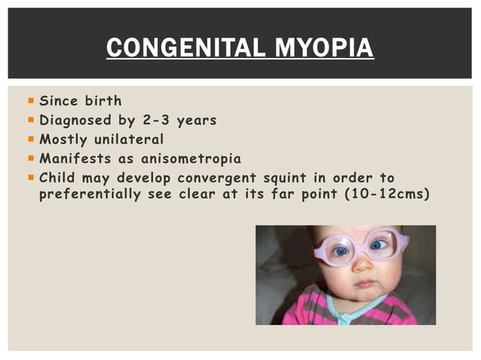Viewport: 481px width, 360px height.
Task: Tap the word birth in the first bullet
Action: click(x=103, y=100)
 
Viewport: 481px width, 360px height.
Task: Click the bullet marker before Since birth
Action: click(x=29, y=100)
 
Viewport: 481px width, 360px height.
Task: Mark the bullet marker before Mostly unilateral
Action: click(x=29, y=139)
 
